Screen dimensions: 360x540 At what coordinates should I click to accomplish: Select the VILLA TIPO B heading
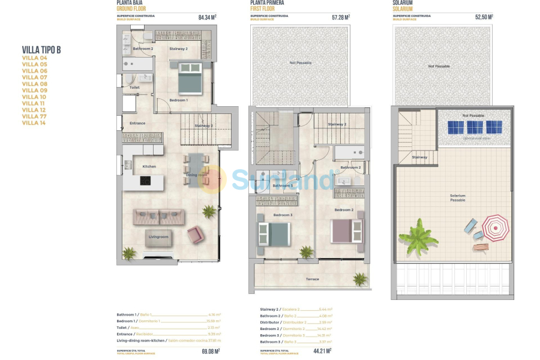[41, 50]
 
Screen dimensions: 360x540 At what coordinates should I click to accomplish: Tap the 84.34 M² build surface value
[207, 17]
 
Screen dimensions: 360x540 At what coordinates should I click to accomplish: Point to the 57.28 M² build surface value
[341, 17]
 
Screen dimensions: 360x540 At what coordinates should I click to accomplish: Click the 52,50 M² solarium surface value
[484, 17]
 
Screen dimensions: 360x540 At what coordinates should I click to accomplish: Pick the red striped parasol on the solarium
[495, 227]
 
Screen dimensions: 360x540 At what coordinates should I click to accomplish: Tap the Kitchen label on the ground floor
[149, 166]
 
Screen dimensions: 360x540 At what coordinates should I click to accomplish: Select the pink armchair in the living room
[196, 234]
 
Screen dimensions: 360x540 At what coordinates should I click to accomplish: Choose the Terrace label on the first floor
[313, 279]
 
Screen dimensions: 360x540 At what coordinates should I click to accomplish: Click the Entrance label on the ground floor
[137, 124]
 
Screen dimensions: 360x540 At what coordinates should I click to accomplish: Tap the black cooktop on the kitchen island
[145, 180]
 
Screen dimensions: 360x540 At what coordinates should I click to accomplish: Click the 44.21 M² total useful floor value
[323, 351]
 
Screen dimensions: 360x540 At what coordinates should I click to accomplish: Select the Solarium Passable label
[457, 197]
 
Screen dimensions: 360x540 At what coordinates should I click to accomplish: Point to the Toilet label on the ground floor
[134, 88]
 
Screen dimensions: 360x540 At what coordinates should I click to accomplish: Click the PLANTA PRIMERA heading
[268, 3]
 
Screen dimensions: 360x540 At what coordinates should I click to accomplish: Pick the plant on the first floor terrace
[359, 278]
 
